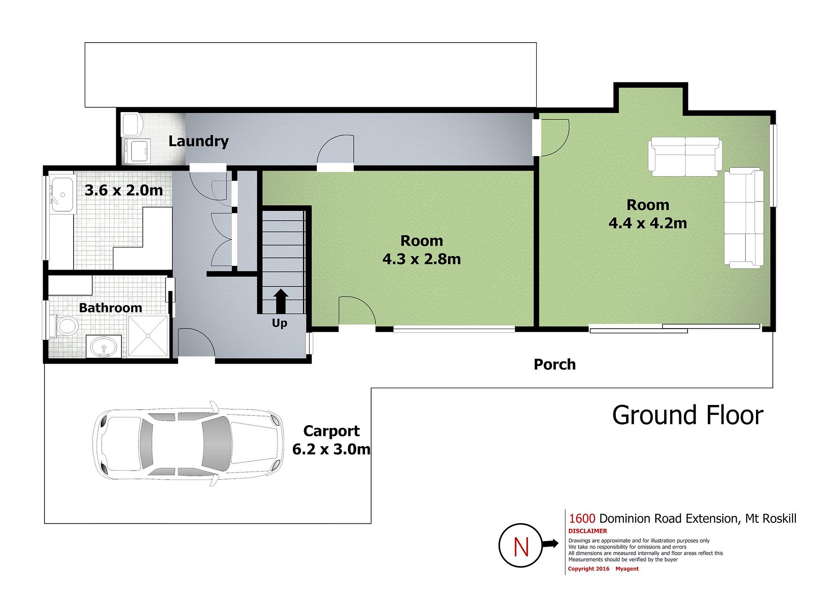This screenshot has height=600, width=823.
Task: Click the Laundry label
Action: coord(198,141)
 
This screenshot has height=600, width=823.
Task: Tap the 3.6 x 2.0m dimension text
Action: coord(124,190)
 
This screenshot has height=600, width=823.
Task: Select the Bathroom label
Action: coord(110,307)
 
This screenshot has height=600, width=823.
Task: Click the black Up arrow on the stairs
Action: coord(281,301)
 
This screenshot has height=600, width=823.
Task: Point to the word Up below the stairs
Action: coord(279,323)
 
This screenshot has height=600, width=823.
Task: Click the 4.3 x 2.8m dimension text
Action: coord(421,259)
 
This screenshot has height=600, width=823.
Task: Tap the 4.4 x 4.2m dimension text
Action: coord(648,223)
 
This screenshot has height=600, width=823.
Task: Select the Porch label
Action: coord(554,364)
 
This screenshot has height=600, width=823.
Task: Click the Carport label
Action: coord(331,431)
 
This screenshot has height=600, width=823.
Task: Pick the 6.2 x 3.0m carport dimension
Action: coord(331,449)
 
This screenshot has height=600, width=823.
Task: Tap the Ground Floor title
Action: coord(688,415)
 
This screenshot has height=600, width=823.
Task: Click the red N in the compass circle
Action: coord(521,547)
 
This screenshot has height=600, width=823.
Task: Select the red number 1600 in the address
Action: coord(582,518)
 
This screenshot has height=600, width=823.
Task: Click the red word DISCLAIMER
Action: coord(588,531)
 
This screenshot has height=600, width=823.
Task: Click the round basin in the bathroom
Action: coord(104,347)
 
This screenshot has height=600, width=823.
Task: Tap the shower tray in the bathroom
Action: coord(148,336)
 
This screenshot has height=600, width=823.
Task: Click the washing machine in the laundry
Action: coord(135,150)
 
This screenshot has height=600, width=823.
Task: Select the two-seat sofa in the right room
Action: coord(685,157)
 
